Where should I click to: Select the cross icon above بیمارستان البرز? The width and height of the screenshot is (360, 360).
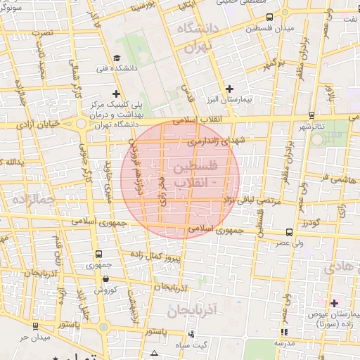230,88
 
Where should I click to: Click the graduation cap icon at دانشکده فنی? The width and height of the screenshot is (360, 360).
117,58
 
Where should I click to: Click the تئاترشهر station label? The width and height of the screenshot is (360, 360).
314,127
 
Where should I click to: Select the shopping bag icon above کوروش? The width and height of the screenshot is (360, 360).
105,278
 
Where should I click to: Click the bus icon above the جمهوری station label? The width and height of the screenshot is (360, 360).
97,254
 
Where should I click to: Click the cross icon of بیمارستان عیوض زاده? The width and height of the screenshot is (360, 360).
334,302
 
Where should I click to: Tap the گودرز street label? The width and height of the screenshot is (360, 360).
311,224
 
